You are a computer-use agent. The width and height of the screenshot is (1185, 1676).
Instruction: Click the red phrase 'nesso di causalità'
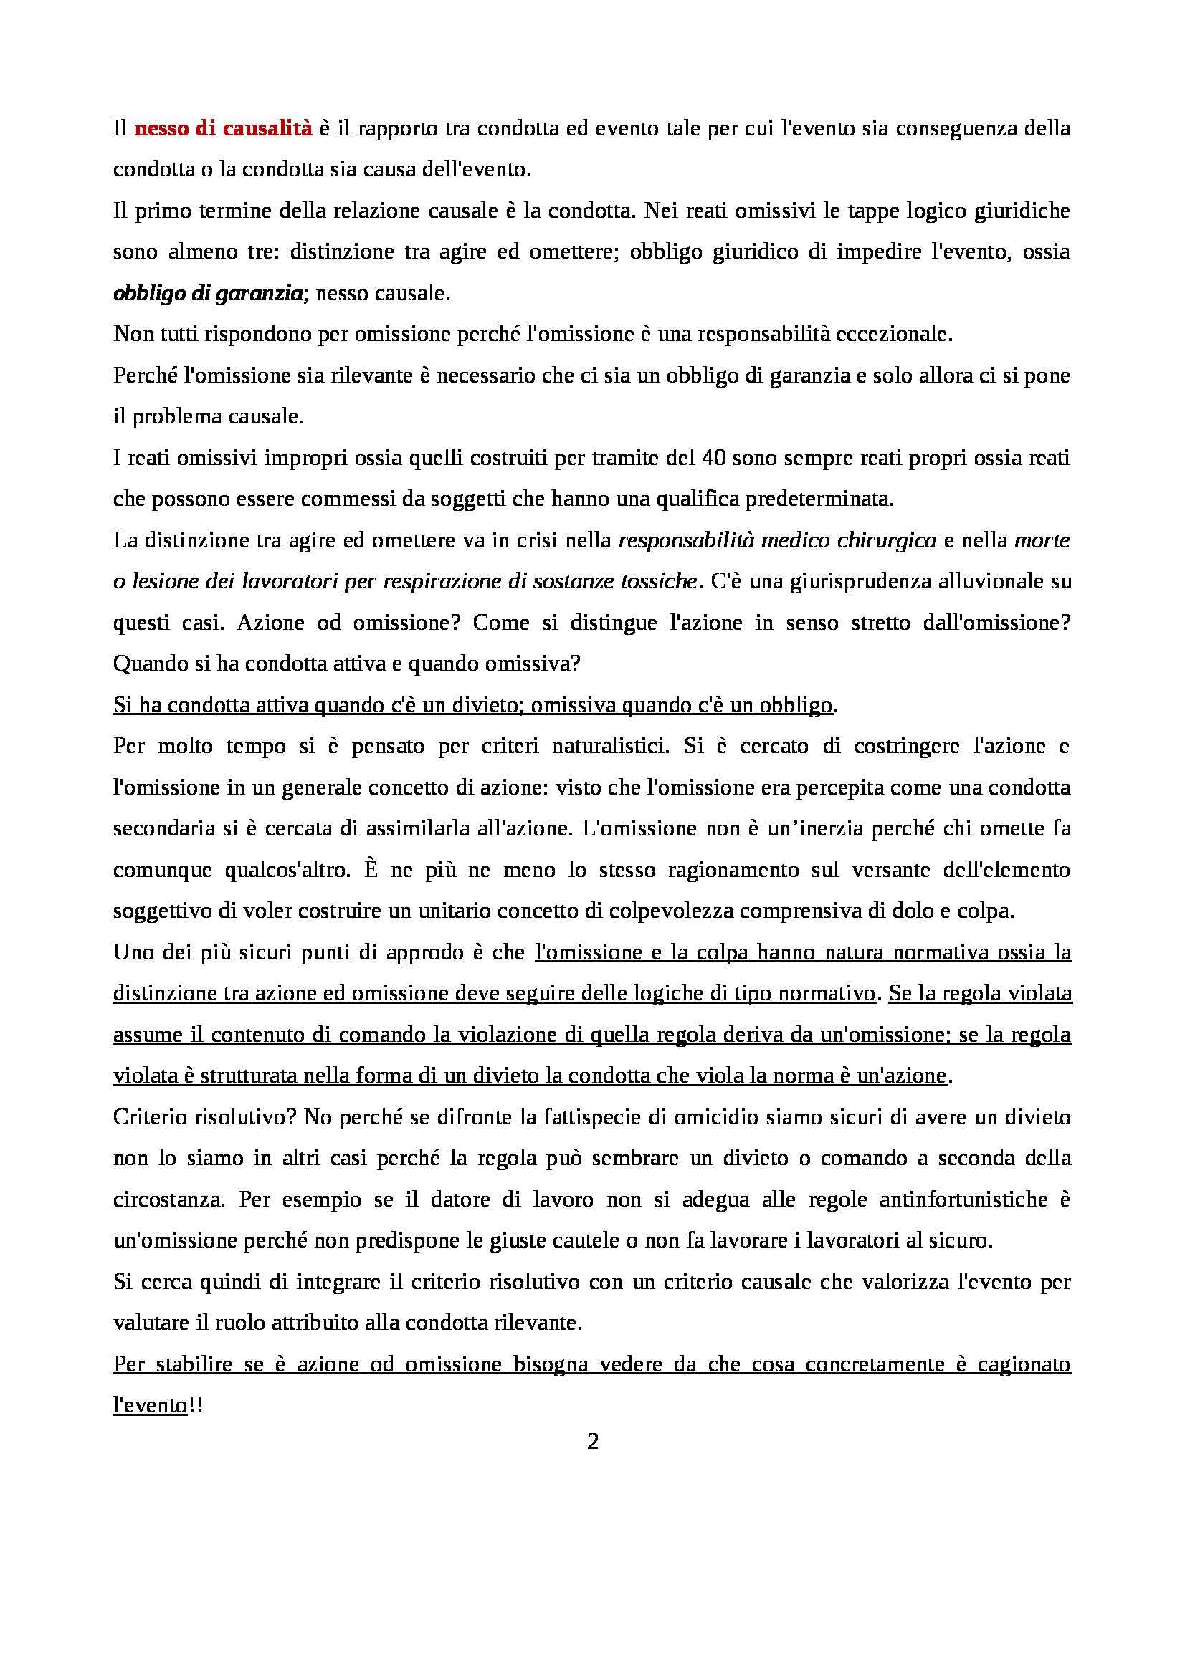pyautogui.click(x=224, y=129)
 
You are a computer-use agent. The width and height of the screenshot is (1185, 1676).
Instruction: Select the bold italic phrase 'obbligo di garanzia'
pyautogui.click(x=207, y=294)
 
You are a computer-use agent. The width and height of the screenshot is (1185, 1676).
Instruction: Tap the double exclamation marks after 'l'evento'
pyautogui.click(x=195, y=1406)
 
